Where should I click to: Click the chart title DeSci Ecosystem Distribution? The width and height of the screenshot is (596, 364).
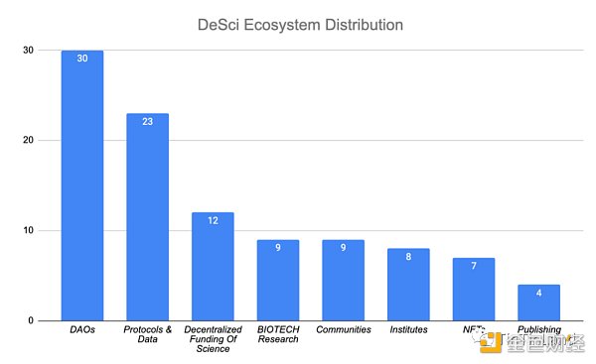pos(299,23)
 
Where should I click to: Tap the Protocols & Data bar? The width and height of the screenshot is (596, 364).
pos(147,217)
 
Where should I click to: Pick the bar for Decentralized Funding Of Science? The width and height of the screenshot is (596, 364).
pos(213,267)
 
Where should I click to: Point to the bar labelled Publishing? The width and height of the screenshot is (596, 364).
pos(538,303)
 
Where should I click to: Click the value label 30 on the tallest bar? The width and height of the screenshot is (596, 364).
pos(82,59)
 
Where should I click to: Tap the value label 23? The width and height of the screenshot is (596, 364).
pos(147,122)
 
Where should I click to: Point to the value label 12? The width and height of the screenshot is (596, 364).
pos(213,221)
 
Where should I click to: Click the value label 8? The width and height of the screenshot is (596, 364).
pos(407,257)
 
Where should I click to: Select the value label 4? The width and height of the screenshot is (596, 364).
pos(538,294)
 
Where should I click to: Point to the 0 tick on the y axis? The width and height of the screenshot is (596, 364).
pos(31,321)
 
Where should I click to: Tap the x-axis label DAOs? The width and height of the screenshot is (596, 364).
pos(82,329)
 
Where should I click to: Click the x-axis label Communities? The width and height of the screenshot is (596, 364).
pos(343,329)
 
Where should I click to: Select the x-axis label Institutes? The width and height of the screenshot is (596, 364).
pos(407,329)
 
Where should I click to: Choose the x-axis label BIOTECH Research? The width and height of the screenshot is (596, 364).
pos(277,335)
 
